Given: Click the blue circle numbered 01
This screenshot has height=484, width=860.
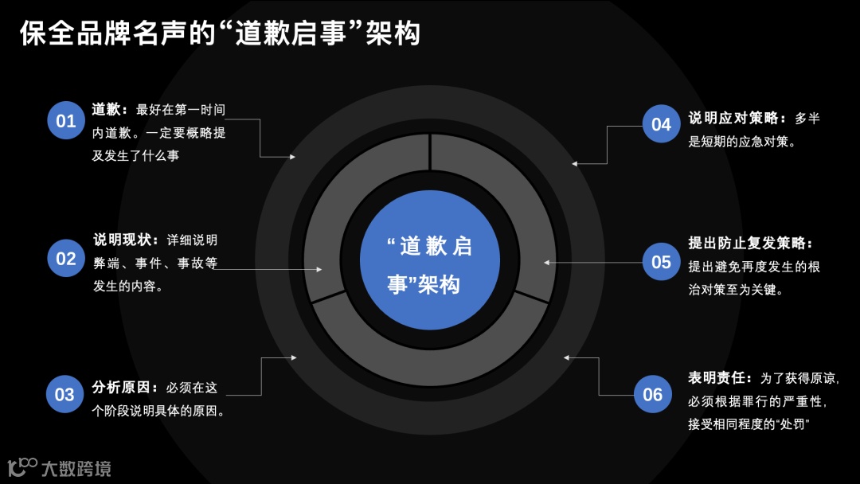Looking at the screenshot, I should [x=66, y=121].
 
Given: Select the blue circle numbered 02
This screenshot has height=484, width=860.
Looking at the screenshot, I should [x=66, y=258].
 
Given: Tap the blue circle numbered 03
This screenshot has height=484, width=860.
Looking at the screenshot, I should [x=64, y=394].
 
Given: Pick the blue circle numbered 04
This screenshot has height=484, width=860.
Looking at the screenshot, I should [x=661, y=124].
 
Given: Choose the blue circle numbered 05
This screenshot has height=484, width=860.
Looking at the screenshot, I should [x=661, y=262].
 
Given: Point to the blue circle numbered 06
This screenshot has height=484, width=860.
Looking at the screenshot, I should [x=652, y=394].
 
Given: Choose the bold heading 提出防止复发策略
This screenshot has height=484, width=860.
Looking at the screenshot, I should [x=749, y=244].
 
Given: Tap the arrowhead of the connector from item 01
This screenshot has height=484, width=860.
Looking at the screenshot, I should [x=292, y=157].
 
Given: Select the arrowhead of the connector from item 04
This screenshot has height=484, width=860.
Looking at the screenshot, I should [x=574, y=163].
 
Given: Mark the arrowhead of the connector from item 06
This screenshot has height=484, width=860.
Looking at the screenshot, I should [x=566, y=358].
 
